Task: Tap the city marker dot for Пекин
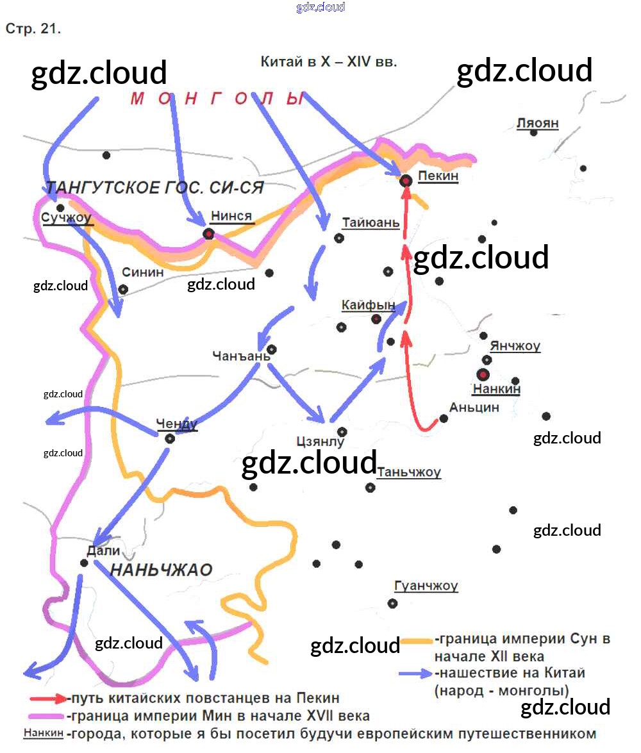click(x=406, y=181)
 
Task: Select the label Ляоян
click(x=538, y=123)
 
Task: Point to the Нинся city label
click(x=231, y=216)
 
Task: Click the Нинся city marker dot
click(x=208, y=233)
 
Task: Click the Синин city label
click(x=142, y=272)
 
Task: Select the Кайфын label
click(x=368, y=305)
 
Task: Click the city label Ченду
click(x=177, y=424)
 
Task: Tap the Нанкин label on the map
click(x=496, y=388)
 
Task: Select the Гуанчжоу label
click(x=426, y=586)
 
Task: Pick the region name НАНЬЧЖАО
click(x=162, y=570)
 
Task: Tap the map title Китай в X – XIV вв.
click(x=329, y=62)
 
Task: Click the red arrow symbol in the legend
click(x=47, y=699)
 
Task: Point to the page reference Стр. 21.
click(x=33, y=29)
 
